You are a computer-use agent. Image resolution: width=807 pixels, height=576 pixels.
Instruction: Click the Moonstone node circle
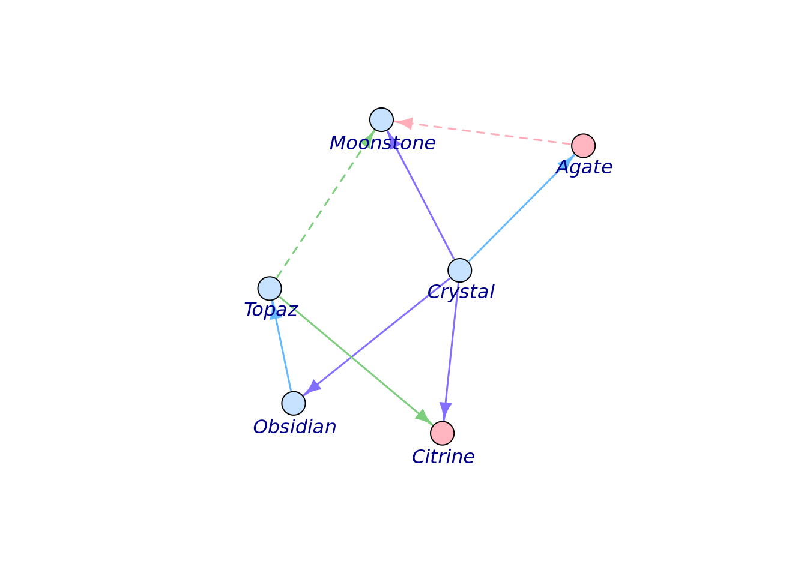tap(381, 120)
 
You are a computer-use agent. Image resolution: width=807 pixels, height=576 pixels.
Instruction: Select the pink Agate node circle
tap(583, 146)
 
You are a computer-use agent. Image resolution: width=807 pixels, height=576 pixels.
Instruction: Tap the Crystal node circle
tap(460, 270)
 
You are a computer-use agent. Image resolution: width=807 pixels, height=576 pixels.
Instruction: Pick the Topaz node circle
tap(270, 289)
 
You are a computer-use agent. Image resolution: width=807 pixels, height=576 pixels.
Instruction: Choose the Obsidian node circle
tap(294, 403)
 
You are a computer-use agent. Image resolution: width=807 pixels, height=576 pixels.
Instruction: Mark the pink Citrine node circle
tap(443, 433)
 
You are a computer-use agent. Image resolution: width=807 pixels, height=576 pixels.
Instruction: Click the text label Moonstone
tap(382, 143)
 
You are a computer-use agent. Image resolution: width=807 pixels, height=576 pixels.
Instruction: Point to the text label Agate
tap(584, 167)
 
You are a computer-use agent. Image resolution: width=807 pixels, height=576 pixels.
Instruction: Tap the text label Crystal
tap(461, 292)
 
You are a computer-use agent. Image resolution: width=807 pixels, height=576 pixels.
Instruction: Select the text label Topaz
tap(271, 310)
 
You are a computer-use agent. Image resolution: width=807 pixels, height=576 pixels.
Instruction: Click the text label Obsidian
tap(294, 427)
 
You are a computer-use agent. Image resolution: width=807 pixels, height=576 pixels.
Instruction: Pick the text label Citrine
tap(443, 457)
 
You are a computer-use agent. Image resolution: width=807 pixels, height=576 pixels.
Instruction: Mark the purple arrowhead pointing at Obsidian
tap(313, 388)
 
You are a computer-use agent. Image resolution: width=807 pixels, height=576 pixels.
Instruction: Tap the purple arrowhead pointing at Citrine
tap(445, 410)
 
